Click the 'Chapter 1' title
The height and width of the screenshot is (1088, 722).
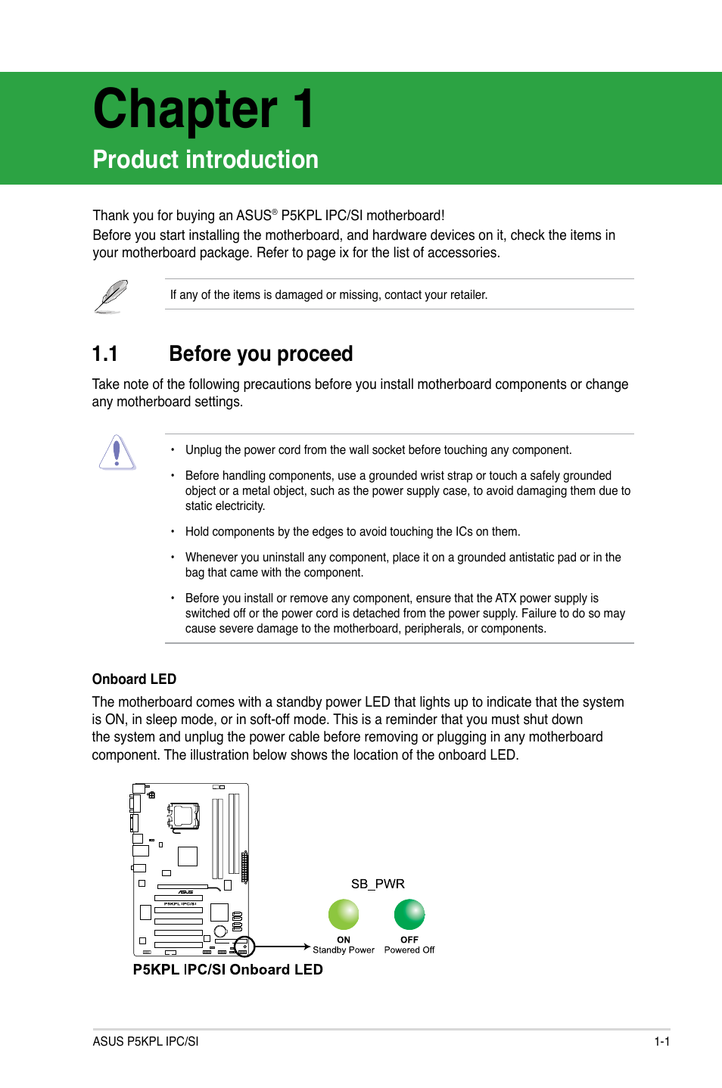point(203,110)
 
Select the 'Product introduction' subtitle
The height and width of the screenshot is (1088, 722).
point(205,160)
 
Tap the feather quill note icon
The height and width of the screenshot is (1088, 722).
point(112,295)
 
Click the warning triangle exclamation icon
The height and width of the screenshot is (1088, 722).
point(117,452)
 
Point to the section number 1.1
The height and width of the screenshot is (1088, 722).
point(105,354)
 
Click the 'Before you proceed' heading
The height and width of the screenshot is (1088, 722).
point(261,354)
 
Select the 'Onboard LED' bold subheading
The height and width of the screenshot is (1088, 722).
point(134,679)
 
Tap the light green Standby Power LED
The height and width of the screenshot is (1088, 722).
point(344,914)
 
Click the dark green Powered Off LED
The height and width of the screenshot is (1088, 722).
point(409,914)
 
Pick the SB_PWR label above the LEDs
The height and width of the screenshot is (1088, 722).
point(378,884)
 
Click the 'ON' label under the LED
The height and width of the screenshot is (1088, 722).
point(344,940)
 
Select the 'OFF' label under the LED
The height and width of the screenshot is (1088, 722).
point(409,940)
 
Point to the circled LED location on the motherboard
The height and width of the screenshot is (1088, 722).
point(244,947)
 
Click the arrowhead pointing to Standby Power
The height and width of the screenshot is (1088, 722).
point(307,947)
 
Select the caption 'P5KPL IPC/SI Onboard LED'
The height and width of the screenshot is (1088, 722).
point(228,970)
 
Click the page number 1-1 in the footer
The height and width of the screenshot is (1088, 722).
point(662,1041)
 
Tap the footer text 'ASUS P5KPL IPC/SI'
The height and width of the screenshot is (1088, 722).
point(145,1041)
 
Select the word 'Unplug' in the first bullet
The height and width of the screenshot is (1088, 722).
point(204,450)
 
